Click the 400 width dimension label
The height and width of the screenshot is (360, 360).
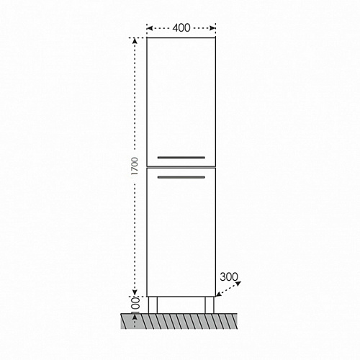tap(181, 28)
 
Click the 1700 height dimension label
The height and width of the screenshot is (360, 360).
tap(135, 166)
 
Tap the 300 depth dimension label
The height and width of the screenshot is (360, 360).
tap(229, 277)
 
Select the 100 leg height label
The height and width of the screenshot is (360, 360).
tap(135, 305)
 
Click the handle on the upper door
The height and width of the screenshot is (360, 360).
tap(181, 158)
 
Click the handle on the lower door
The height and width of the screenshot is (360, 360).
tap(181, 177)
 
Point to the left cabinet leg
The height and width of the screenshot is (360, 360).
tap(153, 305)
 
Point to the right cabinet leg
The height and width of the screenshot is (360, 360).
tap(210, 305)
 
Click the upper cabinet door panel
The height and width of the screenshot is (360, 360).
tap(181, 102)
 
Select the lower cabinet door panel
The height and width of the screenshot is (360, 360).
tap(181, 233)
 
